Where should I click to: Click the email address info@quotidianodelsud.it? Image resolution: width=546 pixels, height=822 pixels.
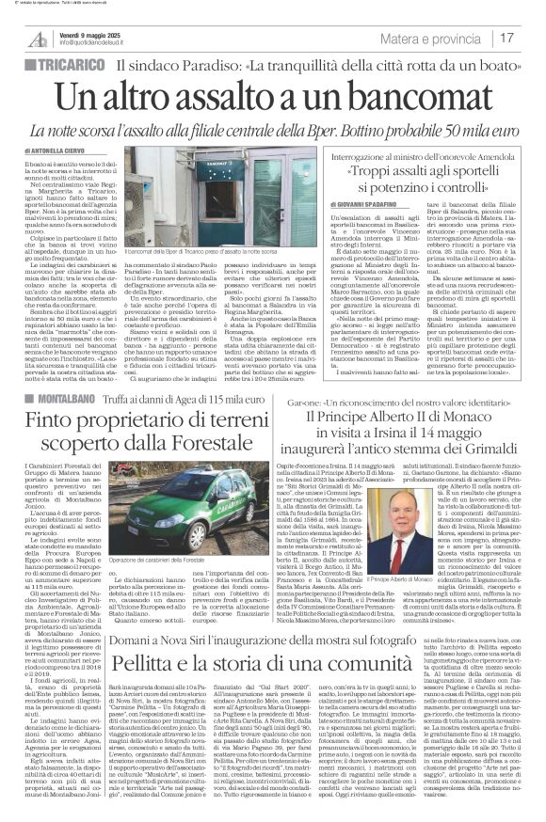tap(100, 42)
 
